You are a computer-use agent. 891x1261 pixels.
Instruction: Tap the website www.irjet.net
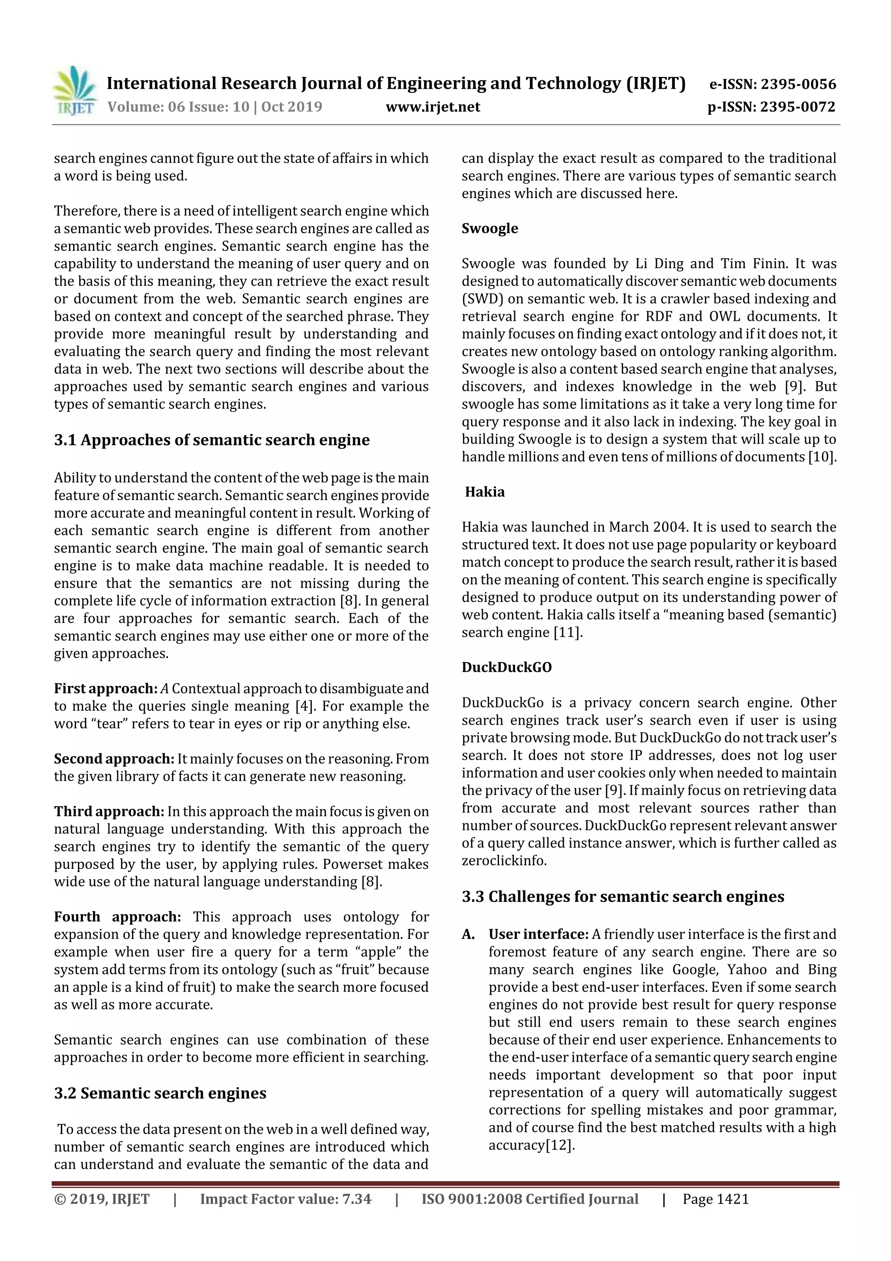click(x=432, y=107)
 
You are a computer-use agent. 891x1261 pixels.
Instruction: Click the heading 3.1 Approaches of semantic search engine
click(x=212, y=441)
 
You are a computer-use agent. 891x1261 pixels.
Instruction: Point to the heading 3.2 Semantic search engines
click(x=160, y=1093)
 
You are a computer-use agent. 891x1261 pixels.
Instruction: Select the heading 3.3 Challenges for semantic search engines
click(x=623, y=897)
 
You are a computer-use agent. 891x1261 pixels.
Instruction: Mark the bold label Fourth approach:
click(x=117, y=917)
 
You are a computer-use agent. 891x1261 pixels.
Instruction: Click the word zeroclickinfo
click(x=503, y=861)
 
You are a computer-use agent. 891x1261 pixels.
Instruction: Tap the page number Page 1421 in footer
click(x=715, y=1200)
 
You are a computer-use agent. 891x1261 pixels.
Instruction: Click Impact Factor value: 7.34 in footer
click(x=285, y=1200)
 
